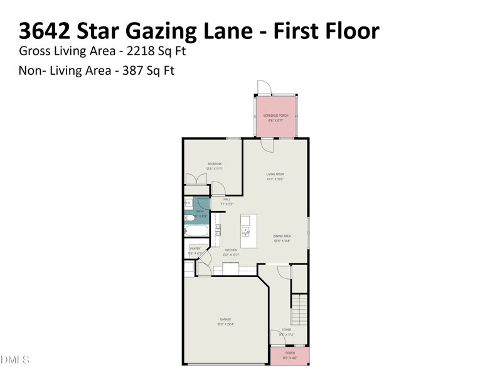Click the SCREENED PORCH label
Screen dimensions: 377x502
pyautogui.click(x=275, y=116)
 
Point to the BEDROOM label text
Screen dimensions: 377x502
pyautogui.click(x=215, y=164)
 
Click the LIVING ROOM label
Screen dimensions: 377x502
pyautogui.click(x=275, y=174)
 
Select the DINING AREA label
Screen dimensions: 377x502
pyautogui.click(x=282, y=236)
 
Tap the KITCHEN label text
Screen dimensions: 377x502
pyautogui.click(x=231, y=250)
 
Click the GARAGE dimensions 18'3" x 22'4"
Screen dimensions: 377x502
pyautogui.click(x=226, y=324)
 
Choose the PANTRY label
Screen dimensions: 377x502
pyautogui.click(x=195, y=249)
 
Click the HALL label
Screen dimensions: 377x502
pyautogui.click(x=227, y=199)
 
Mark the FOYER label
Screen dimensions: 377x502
pyautogui.click(x=286, y=329)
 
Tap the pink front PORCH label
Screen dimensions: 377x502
pyautogui.click(x=290, y=353)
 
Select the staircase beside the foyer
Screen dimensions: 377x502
pyautogui.click(x=300, y=308)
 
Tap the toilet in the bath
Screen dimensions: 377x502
pyautogui.click(x=188, y=217)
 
